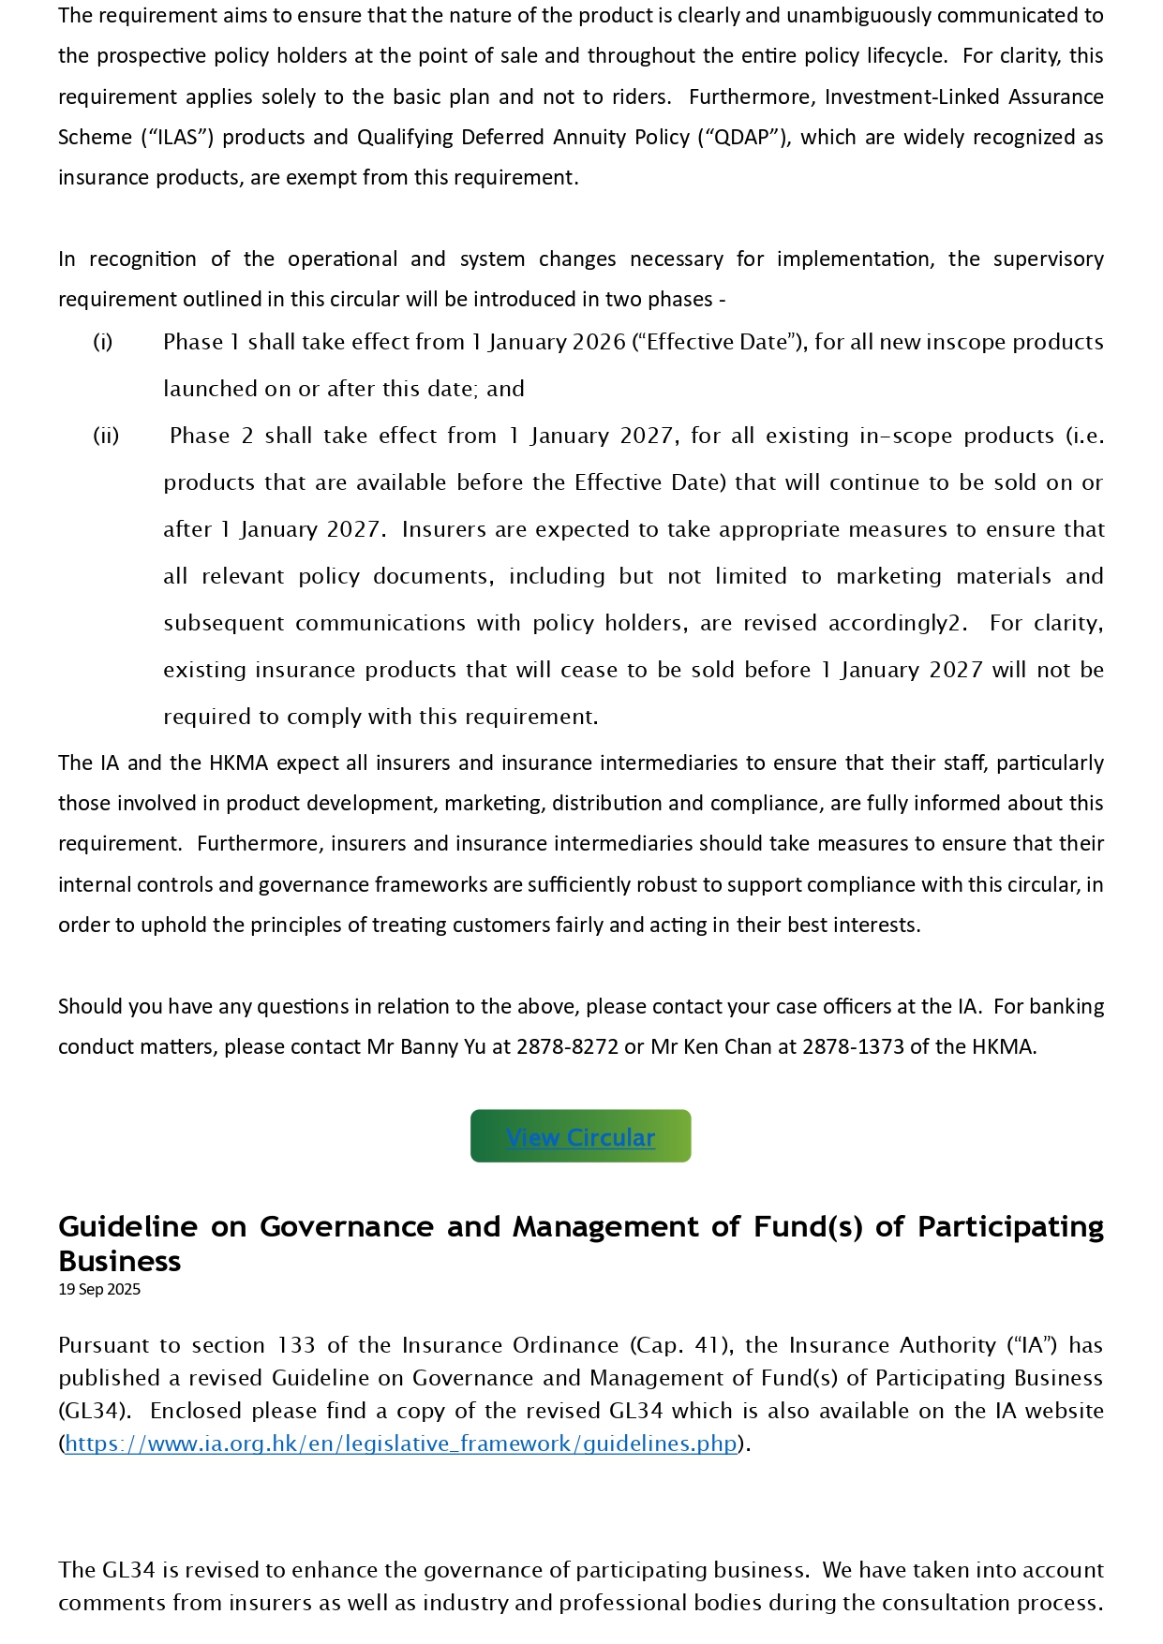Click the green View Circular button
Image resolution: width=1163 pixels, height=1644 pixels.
click(x=580, y=1136)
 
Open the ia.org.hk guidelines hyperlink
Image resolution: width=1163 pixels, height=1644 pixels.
click(x=401, y=1444)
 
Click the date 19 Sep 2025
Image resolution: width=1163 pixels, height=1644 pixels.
click(x=99, y=1289)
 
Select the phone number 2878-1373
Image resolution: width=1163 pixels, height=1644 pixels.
click(x=853, y=1046)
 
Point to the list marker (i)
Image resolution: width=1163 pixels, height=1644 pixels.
click(x=103, y=342)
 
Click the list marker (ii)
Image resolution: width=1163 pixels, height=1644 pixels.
click(x=106, y=436)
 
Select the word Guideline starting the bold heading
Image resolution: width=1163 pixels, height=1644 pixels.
click(x=127, y=1226)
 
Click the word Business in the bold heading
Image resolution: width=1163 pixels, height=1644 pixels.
click(x=119, y=1261)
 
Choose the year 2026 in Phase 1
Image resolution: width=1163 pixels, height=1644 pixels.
click(x=600, y=342)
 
